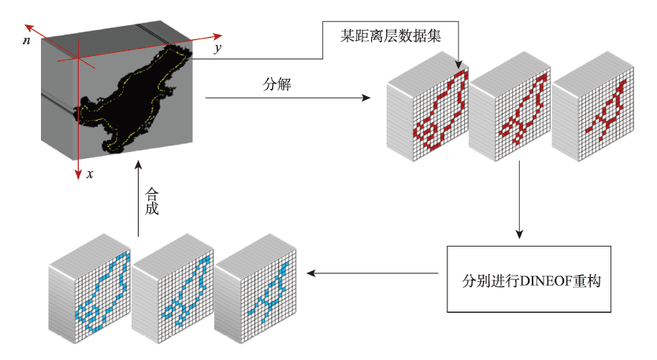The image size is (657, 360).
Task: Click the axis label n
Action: [x=27, y=41]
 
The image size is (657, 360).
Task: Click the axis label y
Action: [x=217, y=48]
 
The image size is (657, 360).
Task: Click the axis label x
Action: [x=90, y=174]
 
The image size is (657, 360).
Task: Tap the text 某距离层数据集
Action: [x=391, y=36]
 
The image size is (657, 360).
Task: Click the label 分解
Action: [x=277, y=84]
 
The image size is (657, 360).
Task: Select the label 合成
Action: [x=152, y=201]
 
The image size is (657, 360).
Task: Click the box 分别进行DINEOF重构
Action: [x=529, y=279]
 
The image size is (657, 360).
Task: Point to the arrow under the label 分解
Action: [x=288, y=98]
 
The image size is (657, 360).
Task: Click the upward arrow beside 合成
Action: [x=139, y=199]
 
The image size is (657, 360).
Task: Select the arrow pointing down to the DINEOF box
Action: [x=520, y=199]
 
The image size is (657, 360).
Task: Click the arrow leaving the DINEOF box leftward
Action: [x=373, y=273]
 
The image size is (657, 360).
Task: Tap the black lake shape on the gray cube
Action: [x=134, y=98]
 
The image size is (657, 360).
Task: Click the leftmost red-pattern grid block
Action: [x=428, y=107]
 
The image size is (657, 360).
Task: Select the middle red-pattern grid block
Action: [x=510, y=107]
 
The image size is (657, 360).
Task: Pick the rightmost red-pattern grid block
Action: [x=592, y=107]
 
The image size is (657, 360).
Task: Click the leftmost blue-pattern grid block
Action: [x=90, y=289]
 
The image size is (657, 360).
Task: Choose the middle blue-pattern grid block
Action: [x=173, y=289]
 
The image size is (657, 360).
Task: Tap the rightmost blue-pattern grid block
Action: [x=255, y=289]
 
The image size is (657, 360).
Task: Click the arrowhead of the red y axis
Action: [x=217, y=37]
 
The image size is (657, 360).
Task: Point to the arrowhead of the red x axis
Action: [x=77, y=175]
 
